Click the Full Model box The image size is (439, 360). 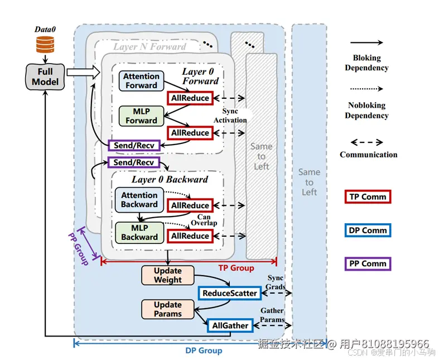[45, 76]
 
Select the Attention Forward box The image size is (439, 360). [141, 81]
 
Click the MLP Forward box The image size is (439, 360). [141, 116]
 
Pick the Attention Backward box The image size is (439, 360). [139, 200]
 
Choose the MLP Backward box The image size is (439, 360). [139, 232]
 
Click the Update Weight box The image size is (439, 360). [168, 276]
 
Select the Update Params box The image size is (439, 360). [168, 309]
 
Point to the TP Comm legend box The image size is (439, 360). [367, 196]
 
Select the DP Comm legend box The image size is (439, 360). [367, 230]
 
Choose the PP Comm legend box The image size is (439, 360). [367, 263]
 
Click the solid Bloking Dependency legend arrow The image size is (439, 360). [366, 42]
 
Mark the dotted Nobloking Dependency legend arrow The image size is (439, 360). [366, 89]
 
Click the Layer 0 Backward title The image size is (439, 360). [170, 180]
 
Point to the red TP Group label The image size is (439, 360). [236, 268]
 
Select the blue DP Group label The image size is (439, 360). [204, 351]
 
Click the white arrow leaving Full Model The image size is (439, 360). [82, 71]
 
